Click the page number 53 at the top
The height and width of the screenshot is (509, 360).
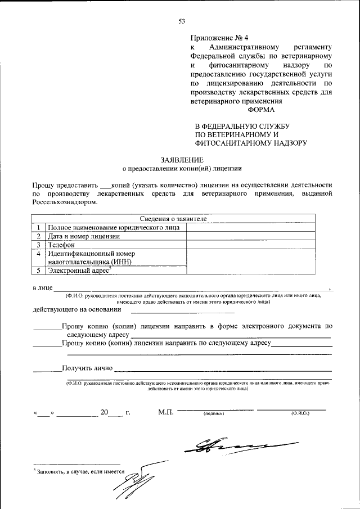[x=182, y=21]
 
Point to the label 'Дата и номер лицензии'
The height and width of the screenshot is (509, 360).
[x=84, y=236]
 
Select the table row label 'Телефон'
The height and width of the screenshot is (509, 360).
[x=61, y=245]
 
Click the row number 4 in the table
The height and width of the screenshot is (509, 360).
[x=38, y=254]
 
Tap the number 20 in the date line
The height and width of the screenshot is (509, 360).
[x=104, y=412]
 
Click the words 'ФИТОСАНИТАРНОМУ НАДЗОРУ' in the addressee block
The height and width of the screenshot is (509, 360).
[x=250, y=143]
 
